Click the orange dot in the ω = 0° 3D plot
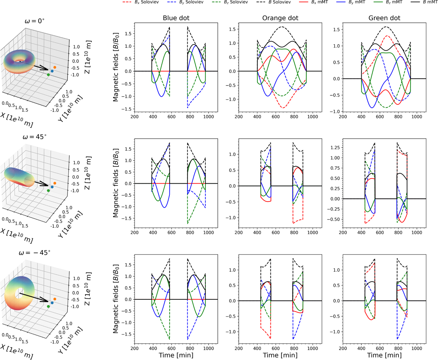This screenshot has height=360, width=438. [54, 68]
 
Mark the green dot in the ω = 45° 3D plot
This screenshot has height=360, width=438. [49, 191]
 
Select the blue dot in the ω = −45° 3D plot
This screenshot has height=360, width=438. [52, 303]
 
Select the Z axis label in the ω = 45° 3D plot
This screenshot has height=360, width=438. [86, 173]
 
